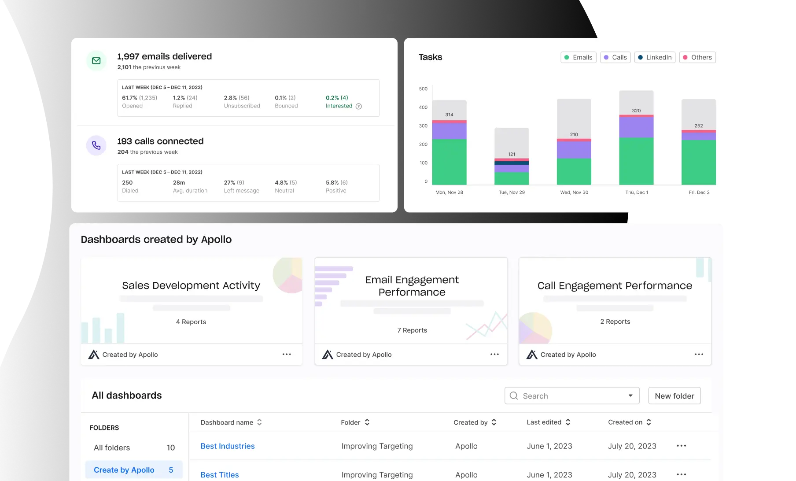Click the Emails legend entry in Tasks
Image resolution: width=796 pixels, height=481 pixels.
(x=578, y=57)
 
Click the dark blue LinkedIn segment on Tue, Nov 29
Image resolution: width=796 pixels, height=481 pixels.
(x=512, y=163)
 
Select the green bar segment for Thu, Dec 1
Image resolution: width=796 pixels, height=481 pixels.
(x=636, y=161)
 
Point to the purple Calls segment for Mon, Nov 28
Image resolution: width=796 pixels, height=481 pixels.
(x=449, y=131)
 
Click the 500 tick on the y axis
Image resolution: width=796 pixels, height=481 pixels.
(x=423, y=89)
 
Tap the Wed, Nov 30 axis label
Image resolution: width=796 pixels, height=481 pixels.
(x=574, y=192)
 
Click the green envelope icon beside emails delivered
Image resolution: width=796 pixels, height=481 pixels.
(x=96, y=61)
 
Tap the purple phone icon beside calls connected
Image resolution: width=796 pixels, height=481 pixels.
(x=96, y=145)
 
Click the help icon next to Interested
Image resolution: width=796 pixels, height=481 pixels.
(x=359, y=106)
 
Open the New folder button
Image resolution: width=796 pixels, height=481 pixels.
(x=674, y=396)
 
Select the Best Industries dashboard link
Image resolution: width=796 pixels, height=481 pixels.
(x=228, y=446)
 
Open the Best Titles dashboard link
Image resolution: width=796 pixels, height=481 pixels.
(x=220, y=475)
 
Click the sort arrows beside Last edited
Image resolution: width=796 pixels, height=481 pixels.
(x=568, y=422)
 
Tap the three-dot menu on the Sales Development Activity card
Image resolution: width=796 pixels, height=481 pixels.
(x=287, y=354)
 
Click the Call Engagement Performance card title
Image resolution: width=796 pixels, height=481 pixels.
(x=615, y=285)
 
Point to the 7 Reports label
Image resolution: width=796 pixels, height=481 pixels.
(x=412, y=330)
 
